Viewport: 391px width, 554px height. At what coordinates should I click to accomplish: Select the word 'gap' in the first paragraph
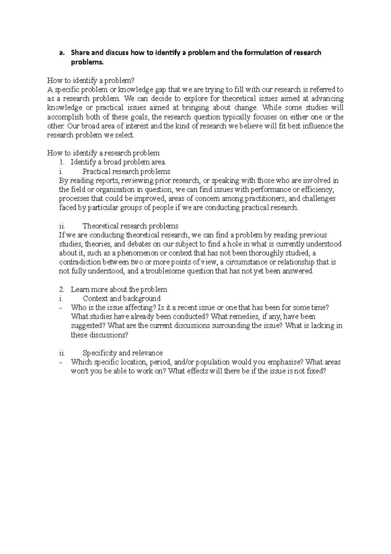[162, 89]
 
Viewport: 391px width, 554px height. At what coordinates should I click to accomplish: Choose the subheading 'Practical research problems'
[126, 171]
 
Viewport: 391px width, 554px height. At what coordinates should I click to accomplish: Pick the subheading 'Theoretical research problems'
[130, 226]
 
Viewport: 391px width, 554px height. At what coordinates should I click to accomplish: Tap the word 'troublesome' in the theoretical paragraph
[165, 271]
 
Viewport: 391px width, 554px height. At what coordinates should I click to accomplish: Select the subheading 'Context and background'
[122, 299]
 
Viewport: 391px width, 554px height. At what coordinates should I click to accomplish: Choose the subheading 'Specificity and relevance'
[123, 353]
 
